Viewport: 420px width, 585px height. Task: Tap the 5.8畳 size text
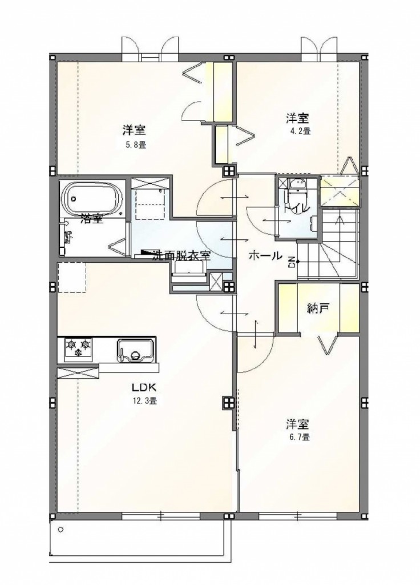point(135,145)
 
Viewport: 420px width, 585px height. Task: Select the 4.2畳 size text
point(299,131)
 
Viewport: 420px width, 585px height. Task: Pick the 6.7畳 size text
point(298,438)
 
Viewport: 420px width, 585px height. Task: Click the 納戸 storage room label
point(318,310)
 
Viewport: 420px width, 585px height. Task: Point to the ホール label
point(265,256)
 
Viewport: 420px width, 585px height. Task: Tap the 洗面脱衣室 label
point(181,256)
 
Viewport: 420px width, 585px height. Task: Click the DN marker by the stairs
point(291,262)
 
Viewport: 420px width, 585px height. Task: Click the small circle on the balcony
point(60,530)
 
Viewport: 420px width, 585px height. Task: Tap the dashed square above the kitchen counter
point(71,277)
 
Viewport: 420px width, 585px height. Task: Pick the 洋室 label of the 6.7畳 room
point(297,424)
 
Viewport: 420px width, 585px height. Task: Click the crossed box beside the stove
point(78,373)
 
